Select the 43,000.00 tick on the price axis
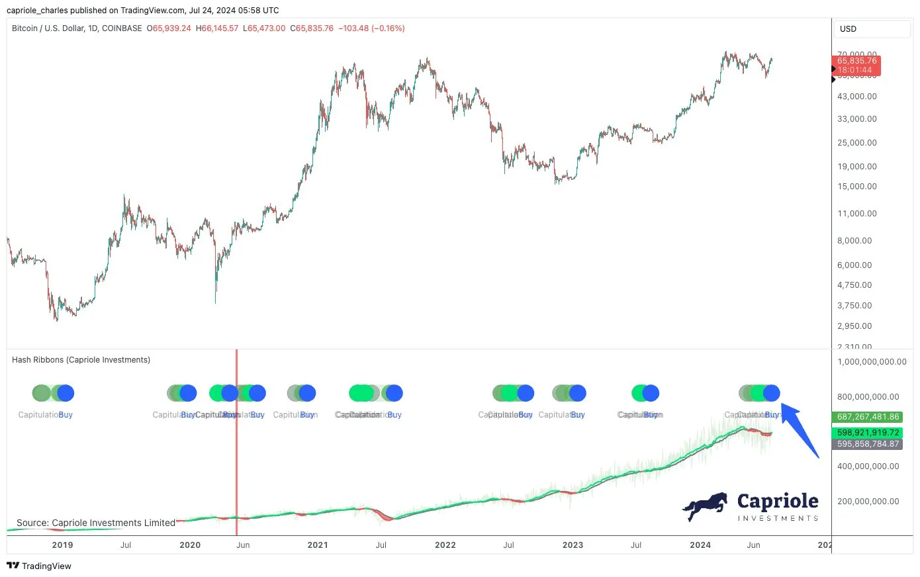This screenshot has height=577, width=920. click(x=856, y=97)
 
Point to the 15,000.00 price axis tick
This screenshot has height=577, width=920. click(x=856, y=187)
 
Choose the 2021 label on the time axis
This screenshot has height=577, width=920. click(x=318, y=545)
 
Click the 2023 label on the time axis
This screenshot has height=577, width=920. click(x=573, y=545)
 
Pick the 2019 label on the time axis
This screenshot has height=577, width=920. click(x=62, y=545)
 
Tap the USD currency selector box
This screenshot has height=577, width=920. click(x=871, y=29)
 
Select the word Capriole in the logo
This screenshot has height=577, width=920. click(x=778, y=502)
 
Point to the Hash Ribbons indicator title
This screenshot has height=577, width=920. click(x=81, y=360)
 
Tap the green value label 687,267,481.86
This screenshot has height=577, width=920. click(x=868, y=417)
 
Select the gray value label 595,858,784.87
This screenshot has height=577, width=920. click(x=868, y=444)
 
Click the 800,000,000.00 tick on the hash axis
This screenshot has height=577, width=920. click(x=868, y=397)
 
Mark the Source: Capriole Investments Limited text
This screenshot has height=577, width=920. click(x=96, y=523)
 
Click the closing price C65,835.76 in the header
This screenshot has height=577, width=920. click(x=312, y=28)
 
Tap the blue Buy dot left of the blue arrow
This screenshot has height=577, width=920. click(x=771, y=393)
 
